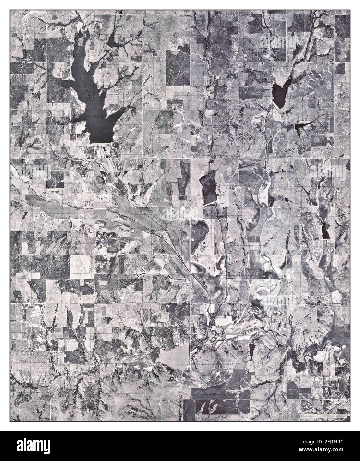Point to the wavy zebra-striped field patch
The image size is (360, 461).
point(247,135)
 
